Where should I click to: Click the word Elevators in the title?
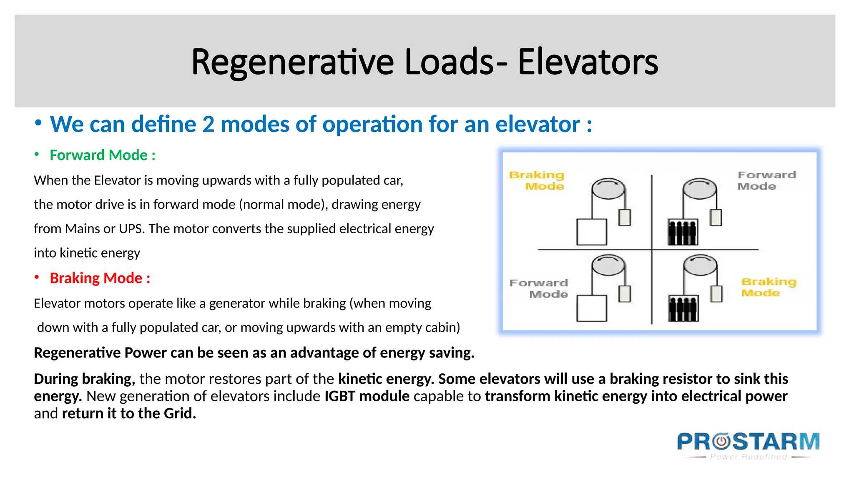[588, 62]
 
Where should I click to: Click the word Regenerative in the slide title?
[292, 62]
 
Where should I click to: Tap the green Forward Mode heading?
[102, 155]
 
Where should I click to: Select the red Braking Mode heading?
[100, 278]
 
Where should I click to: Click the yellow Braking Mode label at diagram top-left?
[538, 180]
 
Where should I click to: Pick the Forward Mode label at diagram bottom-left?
[539, 288]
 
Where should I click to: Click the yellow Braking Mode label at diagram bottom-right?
[768, 287]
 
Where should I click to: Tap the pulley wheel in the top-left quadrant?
[608, 190]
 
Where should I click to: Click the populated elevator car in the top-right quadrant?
[683, 232]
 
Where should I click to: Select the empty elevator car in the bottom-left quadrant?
[591, 308]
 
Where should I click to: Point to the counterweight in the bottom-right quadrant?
[716, 294]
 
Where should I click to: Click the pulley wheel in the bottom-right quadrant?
[700, 266]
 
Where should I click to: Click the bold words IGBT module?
[367, 396]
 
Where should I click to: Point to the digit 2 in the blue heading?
[208, 125]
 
